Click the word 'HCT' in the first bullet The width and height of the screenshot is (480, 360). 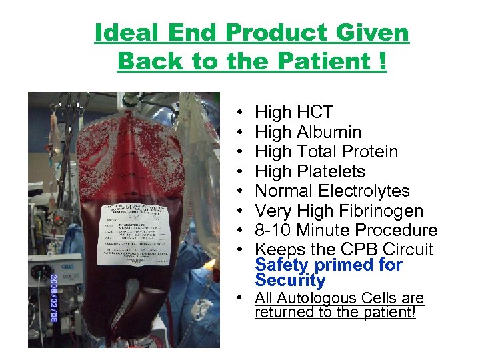click(x=313, y=113)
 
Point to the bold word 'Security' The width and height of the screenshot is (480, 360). click(x=290, y=280)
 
